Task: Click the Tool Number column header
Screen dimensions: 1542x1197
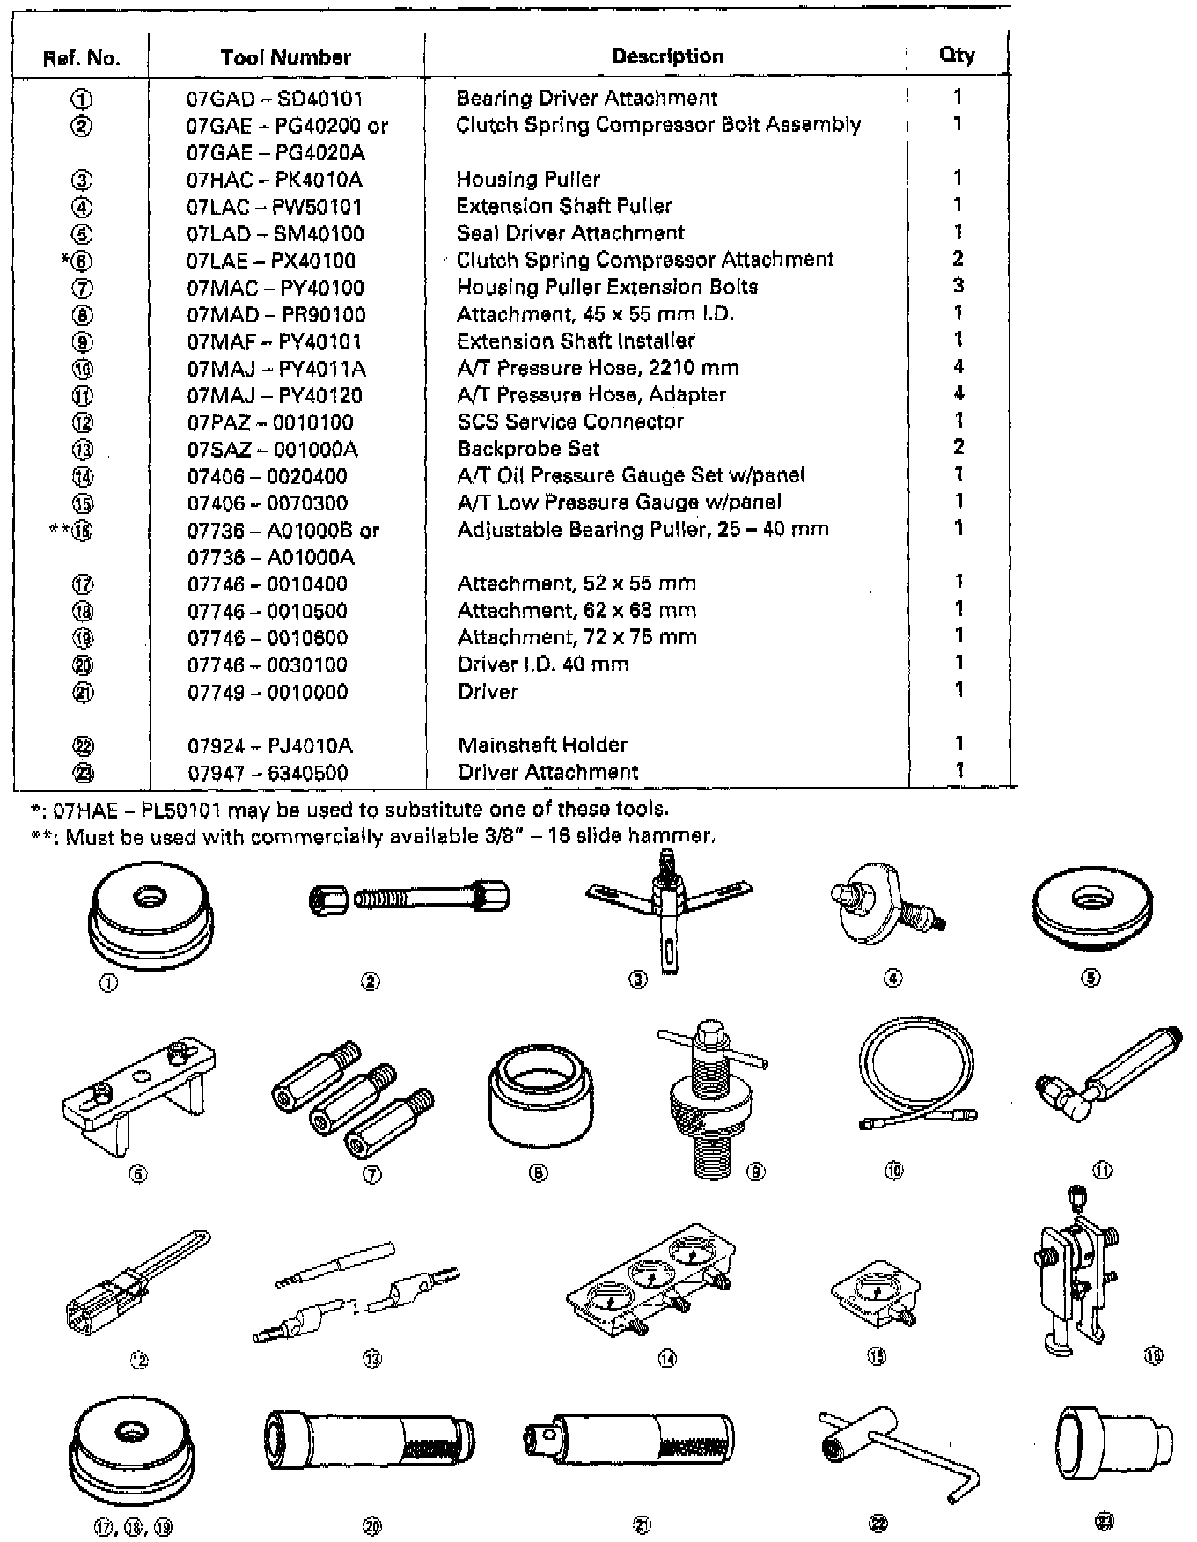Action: (285, 57)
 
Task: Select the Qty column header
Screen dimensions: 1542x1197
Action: (957, 55)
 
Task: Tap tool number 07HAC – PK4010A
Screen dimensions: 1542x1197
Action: (274, 180)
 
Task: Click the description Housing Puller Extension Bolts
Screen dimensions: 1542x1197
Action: (606, 287)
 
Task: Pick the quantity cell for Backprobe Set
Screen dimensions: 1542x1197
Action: (958, 447)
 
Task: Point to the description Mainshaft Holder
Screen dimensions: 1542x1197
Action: (542, 745)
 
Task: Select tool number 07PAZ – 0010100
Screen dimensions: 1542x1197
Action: (269, 422)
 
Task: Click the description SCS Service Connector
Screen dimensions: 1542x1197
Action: (569, 422)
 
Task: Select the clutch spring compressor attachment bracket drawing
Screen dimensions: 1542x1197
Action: (139, 1091)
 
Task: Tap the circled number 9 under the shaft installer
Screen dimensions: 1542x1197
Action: (756, 1171)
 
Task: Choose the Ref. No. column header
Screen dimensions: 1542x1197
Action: (81, 59)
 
